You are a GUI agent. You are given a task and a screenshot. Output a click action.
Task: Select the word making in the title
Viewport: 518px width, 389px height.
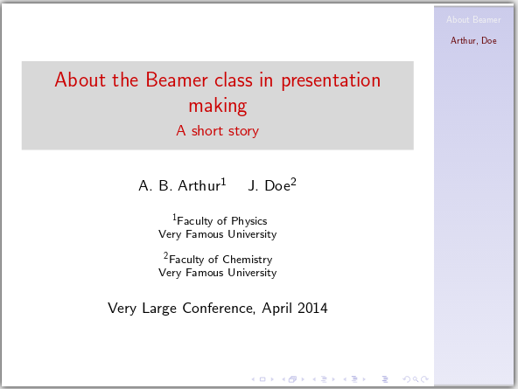pos(217,106)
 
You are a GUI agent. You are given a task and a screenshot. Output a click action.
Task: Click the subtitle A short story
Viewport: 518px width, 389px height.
pos(217,131)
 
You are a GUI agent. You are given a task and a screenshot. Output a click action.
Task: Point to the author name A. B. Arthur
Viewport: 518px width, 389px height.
pos(179,185)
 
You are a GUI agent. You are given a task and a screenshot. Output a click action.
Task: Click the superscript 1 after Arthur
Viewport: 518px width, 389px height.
pos(224,182)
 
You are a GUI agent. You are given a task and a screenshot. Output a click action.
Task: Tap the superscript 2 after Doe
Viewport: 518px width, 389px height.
pos(294,182)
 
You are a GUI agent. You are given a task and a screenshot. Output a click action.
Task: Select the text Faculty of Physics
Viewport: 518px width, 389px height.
pos(221,221)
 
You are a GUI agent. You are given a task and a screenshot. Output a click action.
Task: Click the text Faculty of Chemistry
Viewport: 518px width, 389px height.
pos(220,260)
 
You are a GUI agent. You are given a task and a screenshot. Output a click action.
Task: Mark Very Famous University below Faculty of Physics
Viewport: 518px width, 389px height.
pos(217,234)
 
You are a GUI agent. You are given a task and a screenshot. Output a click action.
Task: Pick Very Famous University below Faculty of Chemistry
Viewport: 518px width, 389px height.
pos(217,273)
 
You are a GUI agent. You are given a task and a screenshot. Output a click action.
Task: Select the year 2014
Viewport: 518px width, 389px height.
pos(311,308)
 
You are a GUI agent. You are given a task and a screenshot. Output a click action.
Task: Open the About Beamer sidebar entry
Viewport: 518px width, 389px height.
pos(473,19)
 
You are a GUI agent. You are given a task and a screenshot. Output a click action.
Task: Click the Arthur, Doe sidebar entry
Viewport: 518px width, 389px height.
pos(473,40)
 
